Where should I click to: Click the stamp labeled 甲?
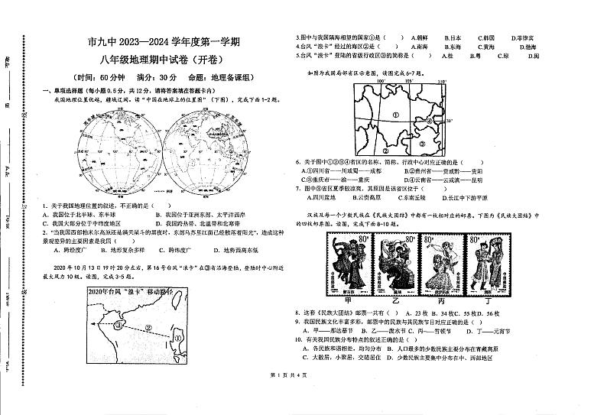(x=349, y=264)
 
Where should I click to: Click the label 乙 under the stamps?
(x=394, y=302)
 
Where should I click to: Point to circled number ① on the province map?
(x=395, y=115)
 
